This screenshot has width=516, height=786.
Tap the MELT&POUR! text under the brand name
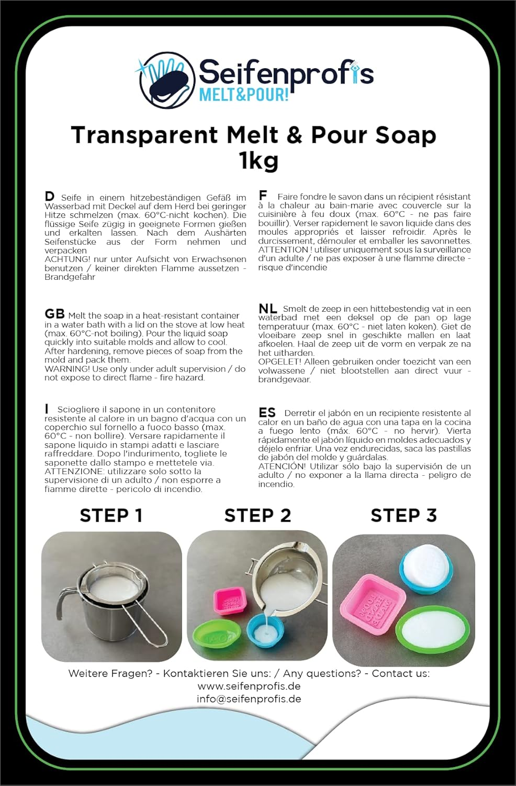point(244,94)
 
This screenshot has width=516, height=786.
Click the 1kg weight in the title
point(259,160)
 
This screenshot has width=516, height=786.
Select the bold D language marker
point(50,196)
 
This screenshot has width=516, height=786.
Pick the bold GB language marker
point(54,314)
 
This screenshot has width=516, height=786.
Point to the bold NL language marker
point(268,309)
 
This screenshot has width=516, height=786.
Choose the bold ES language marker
point(267,413)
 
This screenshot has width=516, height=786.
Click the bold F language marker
point(263,195)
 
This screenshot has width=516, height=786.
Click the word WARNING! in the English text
point(66,369)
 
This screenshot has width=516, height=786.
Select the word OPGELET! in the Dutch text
point(279,362)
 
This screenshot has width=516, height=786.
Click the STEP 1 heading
point(111,516)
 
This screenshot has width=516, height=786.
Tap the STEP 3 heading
point(403,516)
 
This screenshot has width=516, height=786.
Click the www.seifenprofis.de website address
point(249,686)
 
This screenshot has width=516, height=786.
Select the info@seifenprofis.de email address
point(249,698)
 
